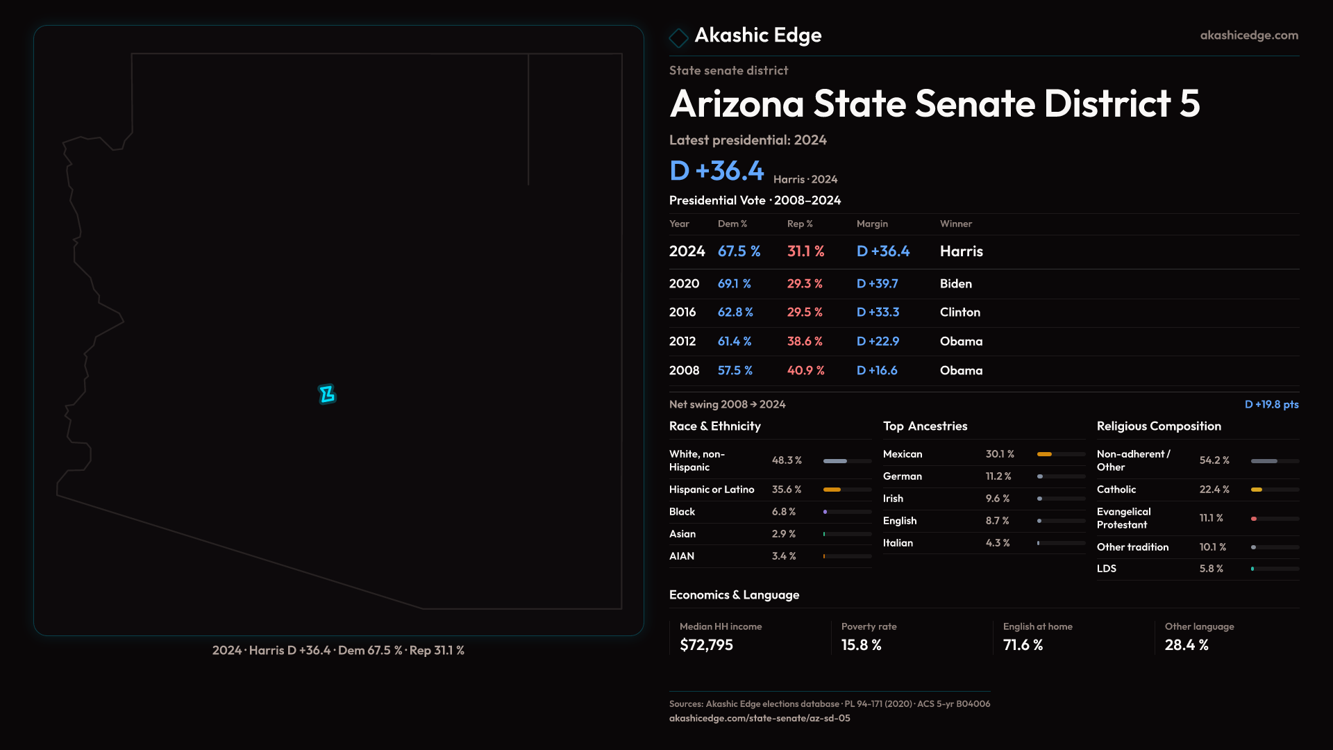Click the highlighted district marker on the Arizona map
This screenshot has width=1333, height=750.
coord(327,394)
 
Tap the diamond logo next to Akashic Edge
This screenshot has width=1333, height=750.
coord(678,37)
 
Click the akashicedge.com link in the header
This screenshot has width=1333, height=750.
coord(1249,35)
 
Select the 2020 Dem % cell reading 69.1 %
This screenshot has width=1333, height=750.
coord(734,284)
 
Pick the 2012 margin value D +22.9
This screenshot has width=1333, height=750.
coord(878,342)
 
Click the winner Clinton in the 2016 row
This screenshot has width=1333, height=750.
coord(959,312)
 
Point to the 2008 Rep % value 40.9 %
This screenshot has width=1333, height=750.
coord(805,371)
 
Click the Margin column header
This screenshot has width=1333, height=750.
coord(872,224)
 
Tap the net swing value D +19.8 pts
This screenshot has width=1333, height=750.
coord(1271,405)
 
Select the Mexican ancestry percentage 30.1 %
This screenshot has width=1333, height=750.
coord(1000,454)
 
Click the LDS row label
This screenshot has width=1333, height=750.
coord(1107,569)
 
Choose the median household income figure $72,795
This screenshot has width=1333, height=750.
coord(706,645)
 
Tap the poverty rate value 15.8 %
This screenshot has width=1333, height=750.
coord(861,645)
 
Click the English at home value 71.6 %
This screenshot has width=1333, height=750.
coord(1023,645)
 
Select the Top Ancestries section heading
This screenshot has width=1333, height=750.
coord(925,426)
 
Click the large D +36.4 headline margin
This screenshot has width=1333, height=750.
coord(716,171)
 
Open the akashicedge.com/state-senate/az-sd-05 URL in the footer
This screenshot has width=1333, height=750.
coord(760,719)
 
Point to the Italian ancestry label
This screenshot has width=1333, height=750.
coord(898,543)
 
